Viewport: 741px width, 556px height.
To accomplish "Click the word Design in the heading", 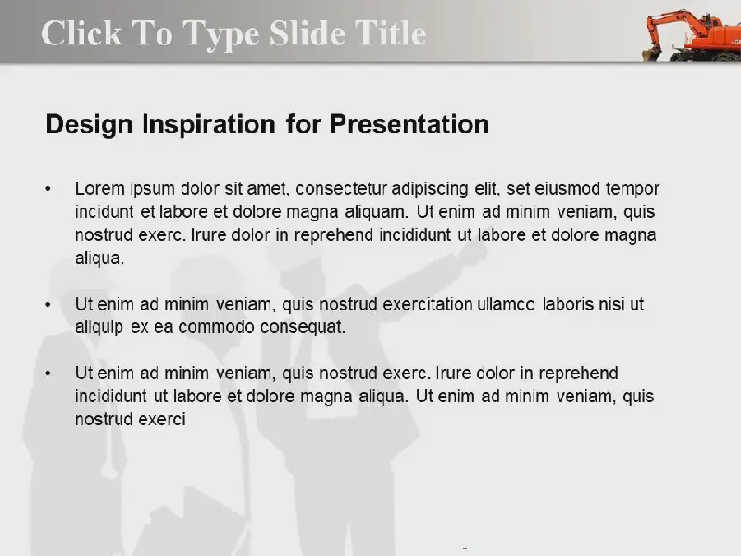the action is click(89, 125).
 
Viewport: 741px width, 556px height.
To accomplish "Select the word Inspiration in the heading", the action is click(208, 125).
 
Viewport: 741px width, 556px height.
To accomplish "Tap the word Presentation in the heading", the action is click(408, 124).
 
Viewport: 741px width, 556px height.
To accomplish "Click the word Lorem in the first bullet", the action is click(100, 189).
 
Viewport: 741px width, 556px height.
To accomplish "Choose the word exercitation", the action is click(428, 305).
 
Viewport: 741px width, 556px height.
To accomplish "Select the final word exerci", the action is click(161, 420).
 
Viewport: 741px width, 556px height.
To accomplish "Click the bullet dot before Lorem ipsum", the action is click(48, 190).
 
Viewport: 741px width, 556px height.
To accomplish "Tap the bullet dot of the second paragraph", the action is click(48, 305).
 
